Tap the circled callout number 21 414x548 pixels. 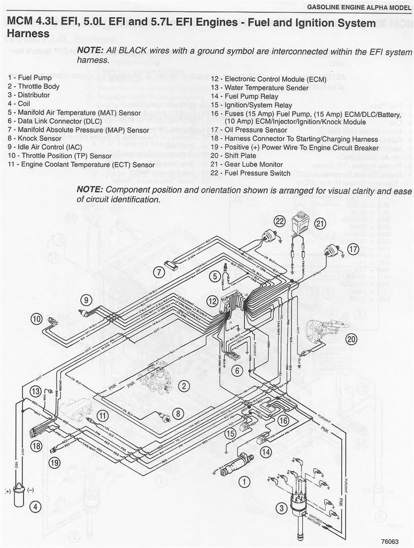coord(320,224)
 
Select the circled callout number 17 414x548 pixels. coord(352,248)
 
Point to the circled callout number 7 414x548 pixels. coord(158,272)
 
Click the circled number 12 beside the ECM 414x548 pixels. coord(213,301)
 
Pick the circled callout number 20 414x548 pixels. coord(351,339)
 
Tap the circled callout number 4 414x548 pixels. coord(35,506)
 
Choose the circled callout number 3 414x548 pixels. coord(281,508)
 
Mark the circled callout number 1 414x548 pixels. coord(244,482)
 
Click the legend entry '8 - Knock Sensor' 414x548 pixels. coord(35,138)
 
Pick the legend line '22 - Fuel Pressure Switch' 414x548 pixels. coord(250,173)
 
